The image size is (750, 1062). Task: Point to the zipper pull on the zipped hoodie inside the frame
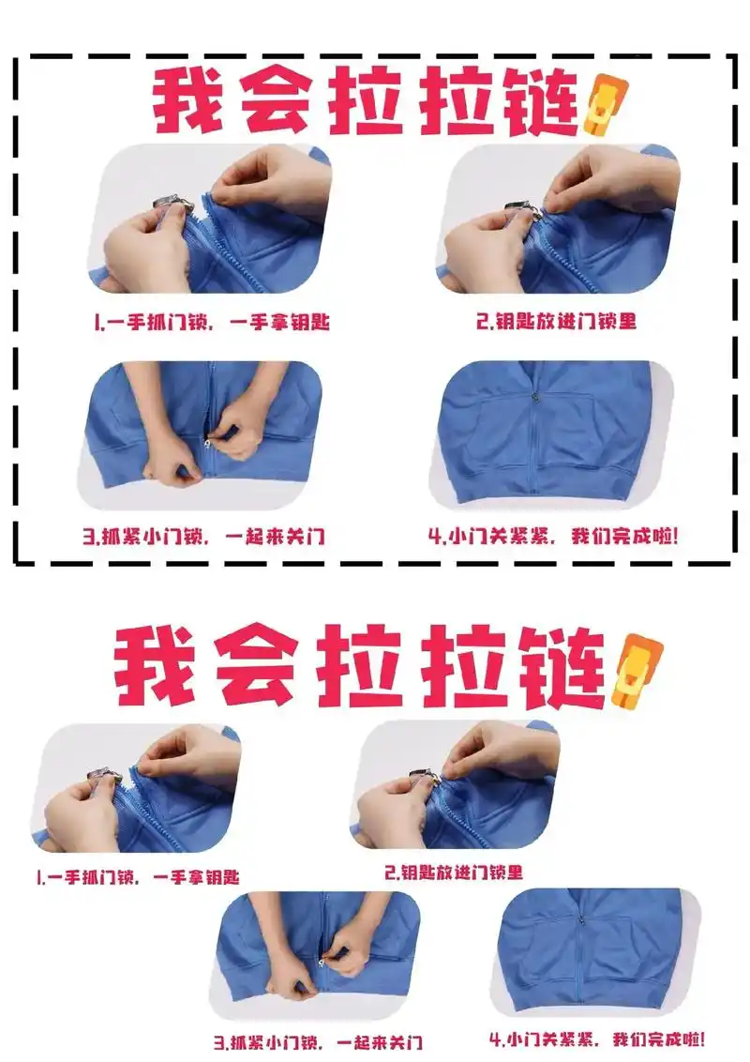(x=536, y=398)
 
